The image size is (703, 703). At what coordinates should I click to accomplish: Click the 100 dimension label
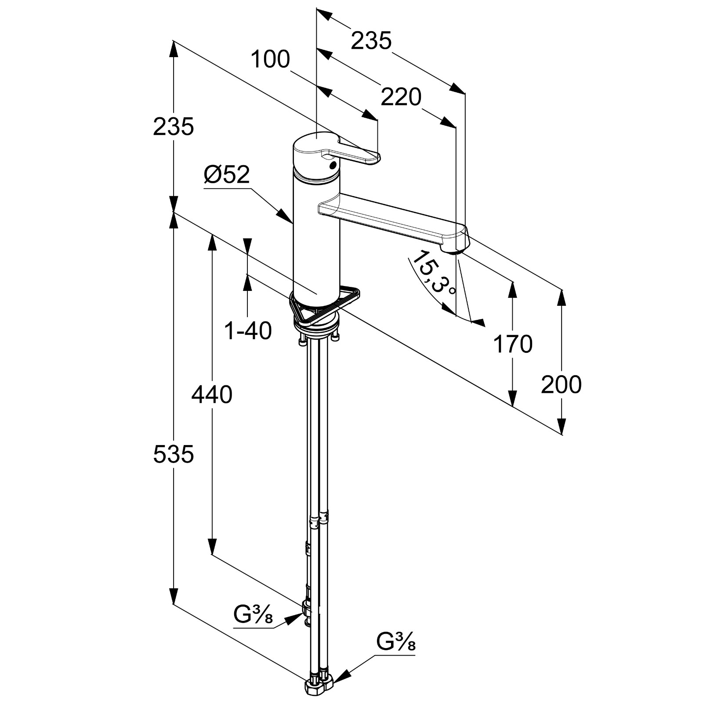tap(271, 59)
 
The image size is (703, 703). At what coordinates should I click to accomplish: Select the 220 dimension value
tap(401, 97)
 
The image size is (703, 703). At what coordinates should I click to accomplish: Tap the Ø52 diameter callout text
tap(227, 175)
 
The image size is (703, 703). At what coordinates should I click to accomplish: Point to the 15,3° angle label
tap(435, 273)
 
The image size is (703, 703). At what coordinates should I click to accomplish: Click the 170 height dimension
tap(513, 344)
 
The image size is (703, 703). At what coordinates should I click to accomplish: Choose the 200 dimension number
tap(561, 384)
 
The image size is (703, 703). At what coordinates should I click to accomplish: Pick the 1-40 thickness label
tap(248, 331)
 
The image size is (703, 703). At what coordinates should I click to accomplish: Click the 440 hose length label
tap(212, 395)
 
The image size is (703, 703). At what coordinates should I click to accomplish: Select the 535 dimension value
tap(174, 454)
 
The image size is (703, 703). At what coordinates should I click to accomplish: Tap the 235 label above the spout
tap(371, 41)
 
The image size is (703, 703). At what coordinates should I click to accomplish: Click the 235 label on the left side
tap(174, 127)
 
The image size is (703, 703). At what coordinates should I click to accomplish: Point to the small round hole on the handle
tap(333, 165)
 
